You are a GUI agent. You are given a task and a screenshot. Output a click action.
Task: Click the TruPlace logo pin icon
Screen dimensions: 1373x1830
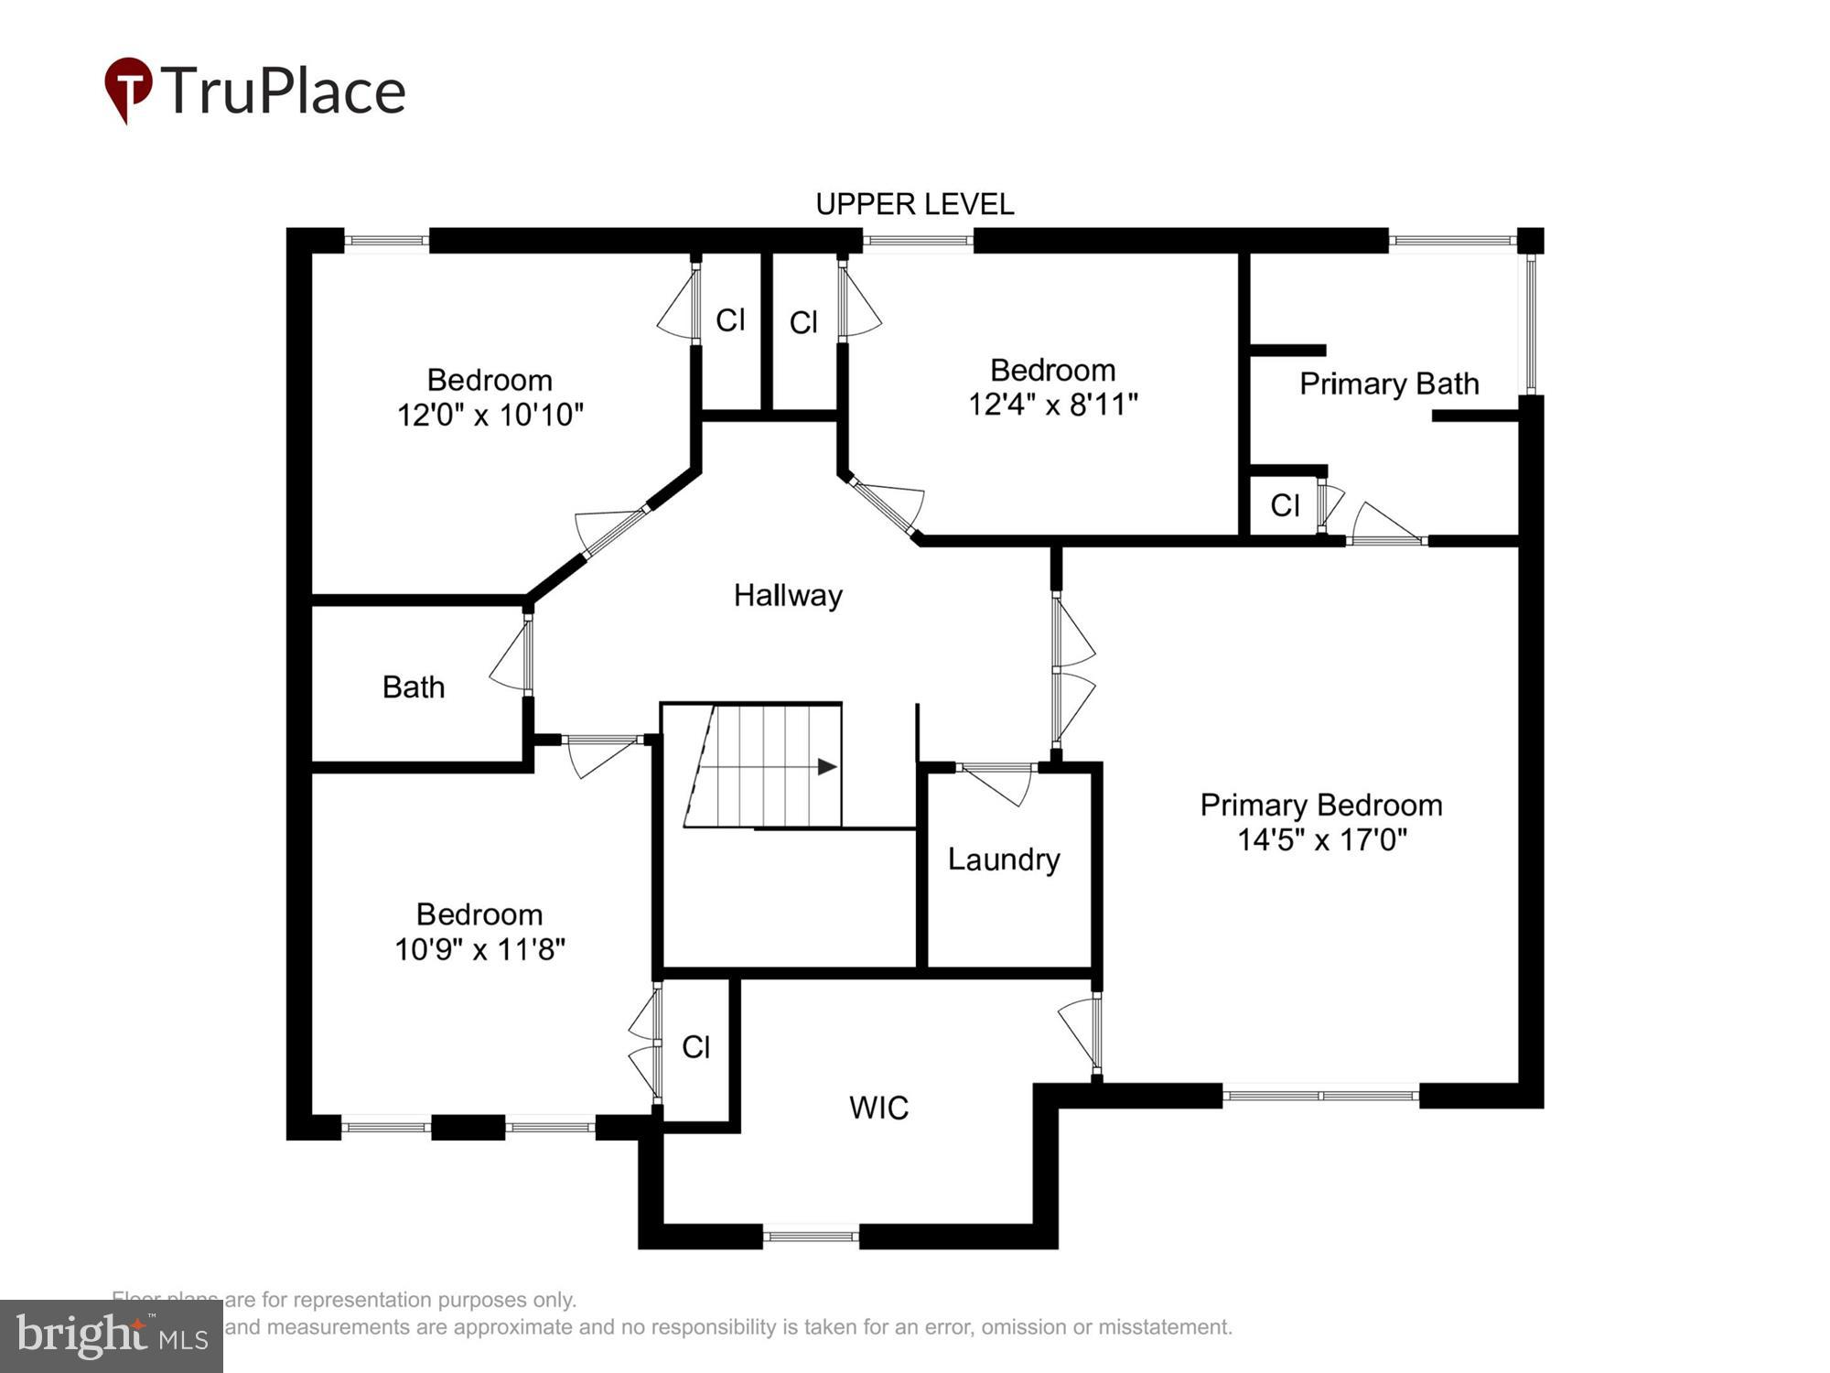point(128,88)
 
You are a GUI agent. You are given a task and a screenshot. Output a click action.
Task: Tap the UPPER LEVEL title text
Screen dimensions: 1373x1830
point(914,204)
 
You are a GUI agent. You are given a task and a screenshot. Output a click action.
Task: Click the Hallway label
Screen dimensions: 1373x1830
point(788,596)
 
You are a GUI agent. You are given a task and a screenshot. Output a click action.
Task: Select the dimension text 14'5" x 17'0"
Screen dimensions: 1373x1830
point(1321,839)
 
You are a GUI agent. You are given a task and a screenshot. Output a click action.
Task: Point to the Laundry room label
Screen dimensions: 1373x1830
point(1004,859)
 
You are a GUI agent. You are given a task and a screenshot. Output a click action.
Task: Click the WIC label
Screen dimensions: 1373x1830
point(878,1108)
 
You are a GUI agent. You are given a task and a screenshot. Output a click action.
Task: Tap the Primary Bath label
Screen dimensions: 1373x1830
point(1389,384)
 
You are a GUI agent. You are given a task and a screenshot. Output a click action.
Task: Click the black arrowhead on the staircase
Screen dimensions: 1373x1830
point(827,766)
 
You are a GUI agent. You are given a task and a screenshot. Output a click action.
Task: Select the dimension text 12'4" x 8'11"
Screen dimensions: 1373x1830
point(1052,405)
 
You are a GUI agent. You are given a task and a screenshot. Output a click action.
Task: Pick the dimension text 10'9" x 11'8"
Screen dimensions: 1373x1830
point(479,949)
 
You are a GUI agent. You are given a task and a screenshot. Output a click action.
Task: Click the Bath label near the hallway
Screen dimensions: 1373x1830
point(414,687)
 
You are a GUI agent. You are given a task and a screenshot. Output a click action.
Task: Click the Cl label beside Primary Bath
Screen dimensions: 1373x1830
point(1285,505)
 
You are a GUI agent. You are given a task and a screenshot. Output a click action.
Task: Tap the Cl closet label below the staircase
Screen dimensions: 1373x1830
point(695,1047)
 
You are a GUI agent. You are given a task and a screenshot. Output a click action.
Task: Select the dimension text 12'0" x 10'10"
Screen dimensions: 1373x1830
point(490,415)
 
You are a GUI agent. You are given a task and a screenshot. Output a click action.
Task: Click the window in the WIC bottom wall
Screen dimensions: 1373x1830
point(811,1237)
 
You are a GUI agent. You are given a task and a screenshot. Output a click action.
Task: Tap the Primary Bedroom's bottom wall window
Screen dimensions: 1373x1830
point(1320,1095)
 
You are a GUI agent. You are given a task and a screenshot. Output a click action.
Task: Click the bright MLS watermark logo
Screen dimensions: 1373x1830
point(112,1336)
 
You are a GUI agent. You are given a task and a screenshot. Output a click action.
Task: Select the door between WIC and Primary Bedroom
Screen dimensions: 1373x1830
point(1083,1032)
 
